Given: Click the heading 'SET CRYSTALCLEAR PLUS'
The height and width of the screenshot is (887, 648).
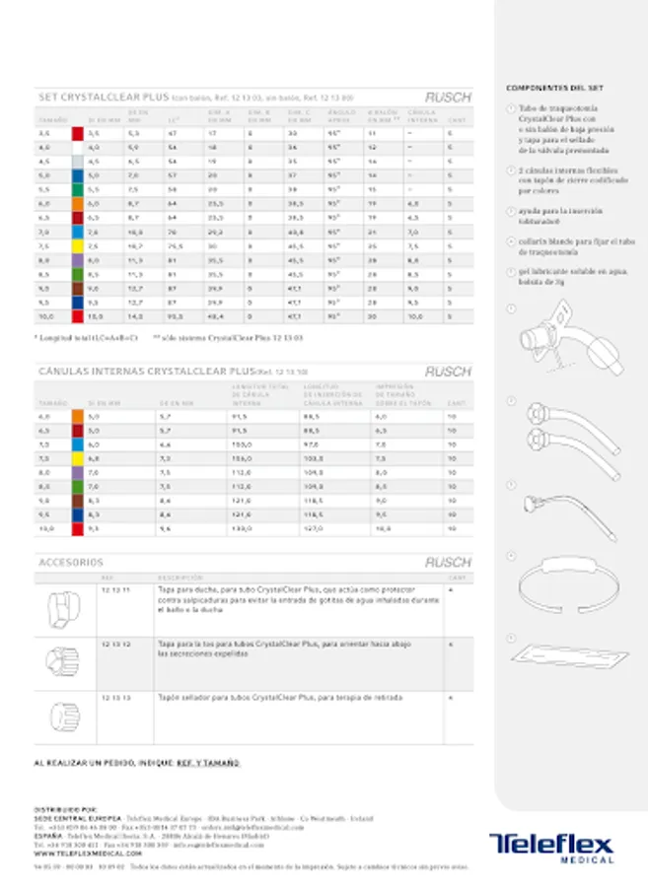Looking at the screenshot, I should coord(104,98).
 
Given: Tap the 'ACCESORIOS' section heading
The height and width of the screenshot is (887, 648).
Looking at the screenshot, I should coord(70,563).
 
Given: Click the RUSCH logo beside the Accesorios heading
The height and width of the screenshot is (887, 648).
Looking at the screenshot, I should coord(447,563).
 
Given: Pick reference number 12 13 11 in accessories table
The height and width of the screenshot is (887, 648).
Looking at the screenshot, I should coord(115,588).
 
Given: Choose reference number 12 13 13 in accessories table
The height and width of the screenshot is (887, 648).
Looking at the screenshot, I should coord(115,697).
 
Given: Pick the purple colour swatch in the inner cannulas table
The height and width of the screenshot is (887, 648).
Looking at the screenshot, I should coord(77,472).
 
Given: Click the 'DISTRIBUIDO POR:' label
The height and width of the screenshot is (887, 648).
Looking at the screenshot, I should coord(65,807).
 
